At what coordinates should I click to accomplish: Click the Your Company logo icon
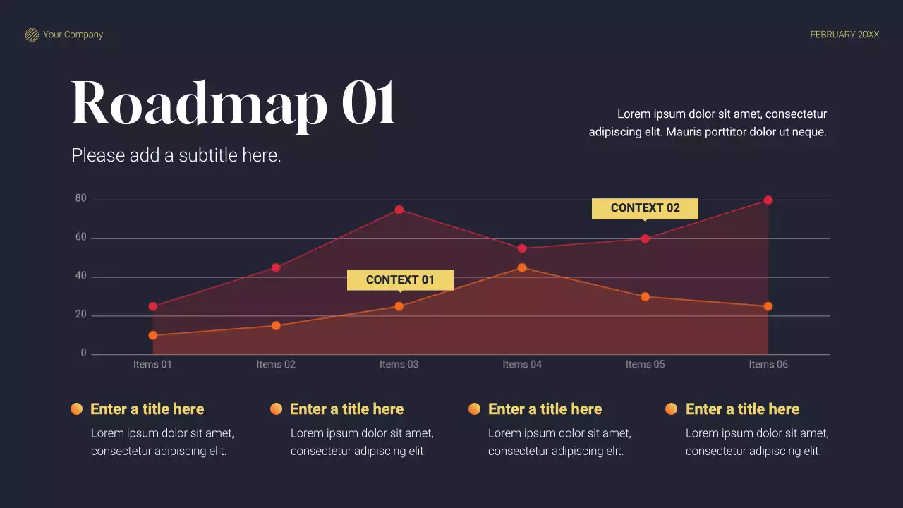click(x=32, y=35)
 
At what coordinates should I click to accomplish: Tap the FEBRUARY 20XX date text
click(x=844, y=35)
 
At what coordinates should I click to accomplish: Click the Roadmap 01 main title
click(x=234, y=104)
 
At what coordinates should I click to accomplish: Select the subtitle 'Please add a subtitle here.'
click(x=176, y=155)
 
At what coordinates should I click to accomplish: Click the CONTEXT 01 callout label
click(x=400, y=280)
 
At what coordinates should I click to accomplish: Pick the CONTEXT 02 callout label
click(x=645, y=208)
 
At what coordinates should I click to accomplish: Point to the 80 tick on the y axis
click(x=81, y=199)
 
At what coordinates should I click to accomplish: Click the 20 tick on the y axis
click(x=81, y=315)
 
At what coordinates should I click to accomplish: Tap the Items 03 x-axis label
click(x=399, y=364)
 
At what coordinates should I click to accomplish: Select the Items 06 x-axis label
click(x=768, y=364)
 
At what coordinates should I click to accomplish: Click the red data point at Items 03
click(x=399, y=210)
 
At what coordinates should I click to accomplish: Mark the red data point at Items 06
click(x=768, y=200)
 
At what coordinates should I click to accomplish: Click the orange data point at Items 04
click(x=522, y=267)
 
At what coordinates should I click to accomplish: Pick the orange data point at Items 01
click(x=152, y=335)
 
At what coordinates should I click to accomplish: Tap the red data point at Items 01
click(x=152, y=306)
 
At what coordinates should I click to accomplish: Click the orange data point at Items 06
click(x=768, y=306)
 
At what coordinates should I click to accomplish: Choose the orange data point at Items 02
click(x=276, y=325)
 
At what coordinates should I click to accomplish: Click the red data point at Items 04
click(x=522, y=248)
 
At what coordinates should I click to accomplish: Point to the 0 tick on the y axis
click(x=83, y=353)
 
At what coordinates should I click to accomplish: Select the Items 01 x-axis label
click(x=152, y=364)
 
